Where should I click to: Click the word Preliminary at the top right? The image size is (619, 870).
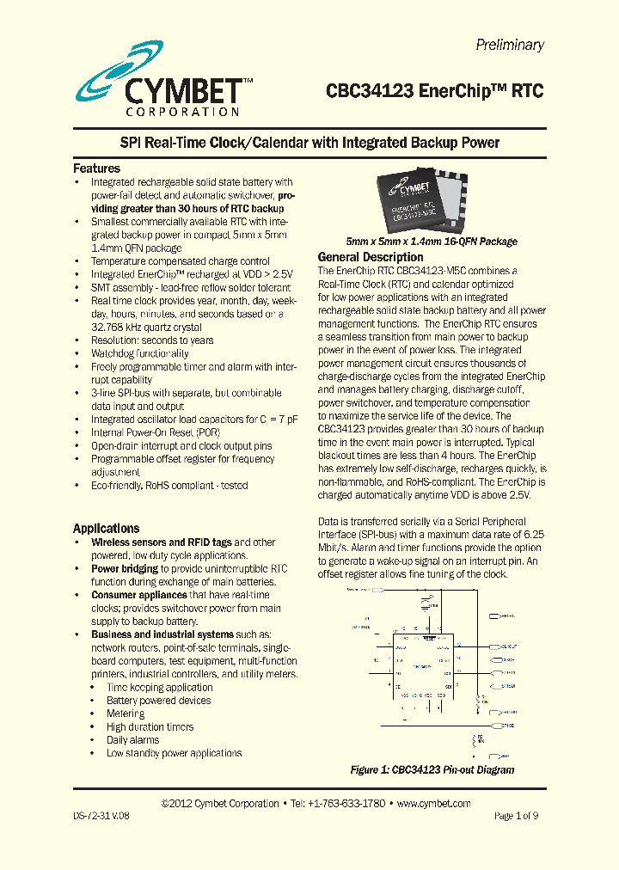(x=510, y=45)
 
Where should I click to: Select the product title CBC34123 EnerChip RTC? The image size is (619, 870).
(x=434, y=91)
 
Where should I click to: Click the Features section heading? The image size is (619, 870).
(x=96, y=168)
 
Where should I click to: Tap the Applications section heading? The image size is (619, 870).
(x=106, y=529)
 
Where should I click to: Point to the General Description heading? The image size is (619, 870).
(x=371, y=257)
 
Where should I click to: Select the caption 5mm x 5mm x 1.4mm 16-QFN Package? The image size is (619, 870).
(x=431, y=242)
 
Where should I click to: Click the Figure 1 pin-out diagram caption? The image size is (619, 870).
(x=432, y=769)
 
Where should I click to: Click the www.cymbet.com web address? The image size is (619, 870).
(x=433, y=804)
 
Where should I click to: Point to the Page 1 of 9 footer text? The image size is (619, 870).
(x=516, y=816)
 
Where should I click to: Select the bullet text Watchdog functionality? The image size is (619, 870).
(x=139, y=353)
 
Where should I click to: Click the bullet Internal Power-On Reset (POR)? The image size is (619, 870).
(x=156, y=432)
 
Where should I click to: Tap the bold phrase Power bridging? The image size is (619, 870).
(x=125, y=569)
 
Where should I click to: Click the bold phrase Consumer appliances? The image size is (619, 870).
(x=139, y=595)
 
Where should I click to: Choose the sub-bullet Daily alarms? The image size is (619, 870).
(x=132, y=740)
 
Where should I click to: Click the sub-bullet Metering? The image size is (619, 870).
(x=126, y=714)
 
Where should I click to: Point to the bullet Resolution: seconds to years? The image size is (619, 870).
(x=152, y=340)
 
